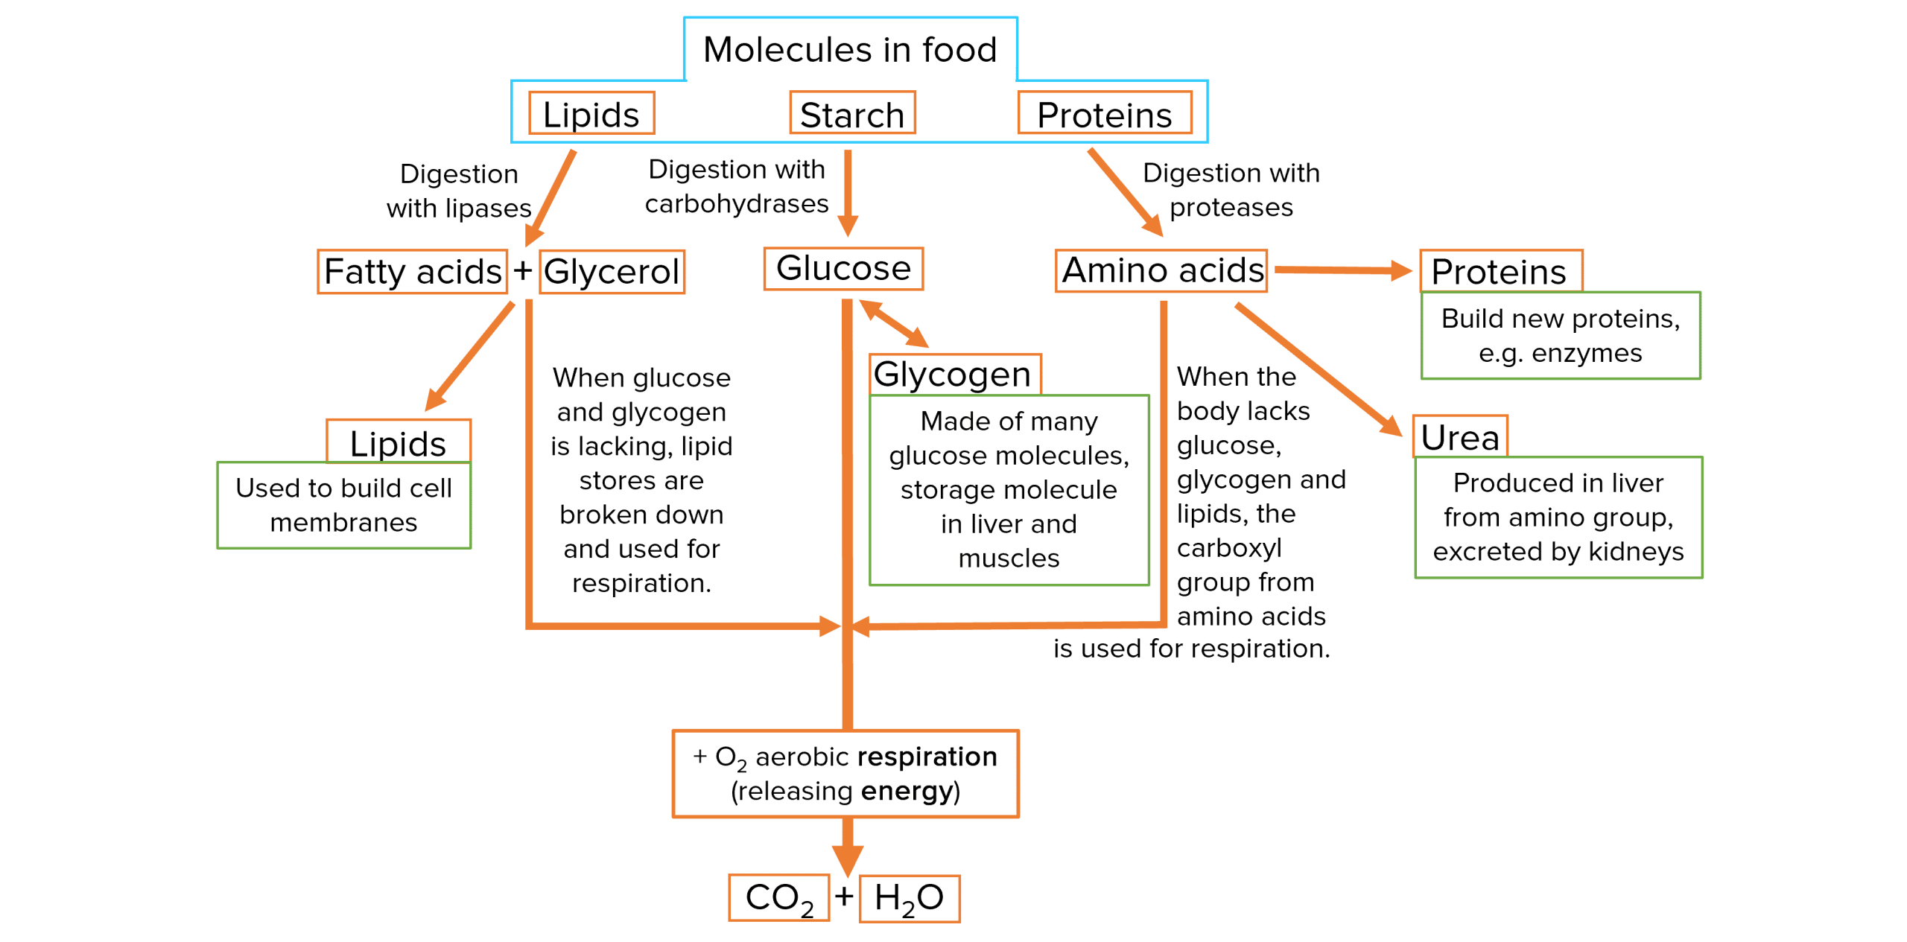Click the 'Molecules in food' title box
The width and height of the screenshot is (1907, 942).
click(x=850, y=49)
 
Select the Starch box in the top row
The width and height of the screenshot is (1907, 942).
click(x=852, y=114)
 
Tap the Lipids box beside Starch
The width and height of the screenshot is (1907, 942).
click(x=591, y=114)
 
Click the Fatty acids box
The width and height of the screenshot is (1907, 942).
click(x=413, y=272)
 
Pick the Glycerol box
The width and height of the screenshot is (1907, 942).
click(x=612, y=272)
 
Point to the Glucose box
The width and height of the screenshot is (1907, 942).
click(x=843, y=269)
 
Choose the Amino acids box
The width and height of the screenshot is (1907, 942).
click(x=1162, y=270)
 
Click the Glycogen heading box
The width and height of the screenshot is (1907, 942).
click(x=954, y=375)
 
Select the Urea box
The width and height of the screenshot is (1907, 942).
click(x=1460, y=437)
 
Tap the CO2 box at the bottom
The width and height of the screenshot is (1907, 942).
click(x=778, y=898)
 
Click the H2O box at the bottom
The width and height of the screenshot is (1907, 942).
click(x=910, y=898)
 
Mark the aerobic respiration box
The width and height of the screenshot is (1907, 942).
click(x=845, y=774)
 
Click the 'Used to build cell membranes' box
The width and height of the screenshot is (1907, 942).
click(x=343, y=506)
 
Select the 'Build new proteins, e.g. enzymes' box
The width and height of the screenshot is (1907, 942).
click(x=1561, y=336)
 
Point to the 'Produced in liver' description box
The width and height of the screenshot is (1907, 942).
click(x=1558, y=518)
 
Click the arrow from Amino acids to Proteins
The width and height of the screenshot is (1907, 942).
click(x=1341, y=270)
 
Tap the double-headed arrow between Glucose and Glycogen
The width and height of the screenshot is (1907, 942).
click(x=894, y=323)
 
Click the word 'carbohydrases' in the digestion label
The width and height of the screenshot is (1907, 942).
click(x=737, y=204)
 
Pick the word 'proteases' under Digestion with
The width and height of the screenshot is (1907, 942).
click(x=1231, y=208)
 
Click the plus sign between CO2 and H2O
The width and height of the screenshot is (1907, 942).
click(x=844, y=897)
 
